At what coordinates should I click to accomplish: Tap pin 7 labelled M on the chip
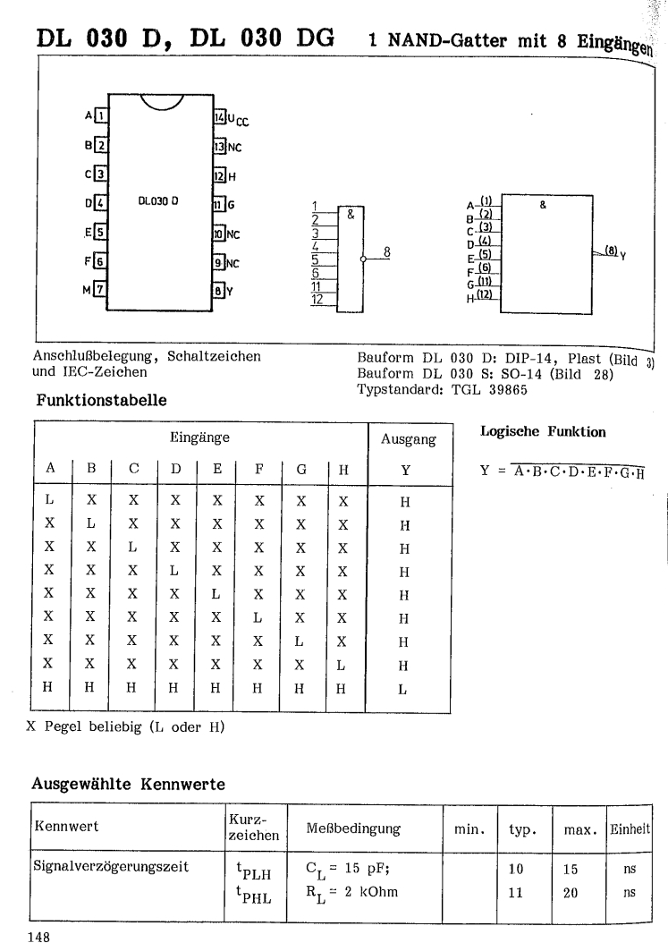coord(100,289)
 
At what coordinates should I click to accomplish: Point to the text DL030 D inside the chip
coord(158,202)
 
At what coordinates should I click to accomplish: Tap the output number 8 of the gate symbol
coord(385,251)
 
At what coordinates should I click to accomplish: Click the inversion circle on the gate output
coord(362,259)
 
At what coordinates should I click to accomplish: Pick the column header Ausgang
coord(408,439)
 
